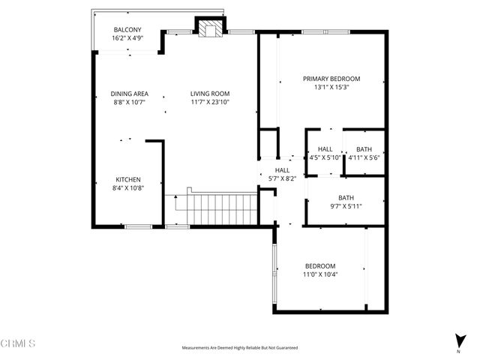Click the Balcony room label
[128, 30]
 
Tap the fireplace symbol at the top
[209, 27]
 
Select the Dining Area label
[130, 94]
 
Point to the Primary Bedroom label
[331, 79]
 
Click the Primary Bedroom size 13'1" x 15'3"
[331, 87]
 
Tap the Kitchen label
[128, 179]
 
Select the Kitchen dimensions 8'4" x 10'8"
[128, 187]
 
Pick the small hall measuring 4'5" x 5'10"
[325, 154]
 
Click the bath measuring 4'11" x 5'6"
[364, 154]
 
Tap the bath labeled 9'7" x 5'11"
[346, 202]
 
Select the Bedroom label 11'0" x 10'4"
[320, 270]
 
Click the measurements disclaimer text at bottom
[240, 348]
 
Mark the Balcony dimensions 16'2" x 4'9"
[128, 38]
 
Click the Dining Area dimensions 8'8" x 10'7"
[130, 102]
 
